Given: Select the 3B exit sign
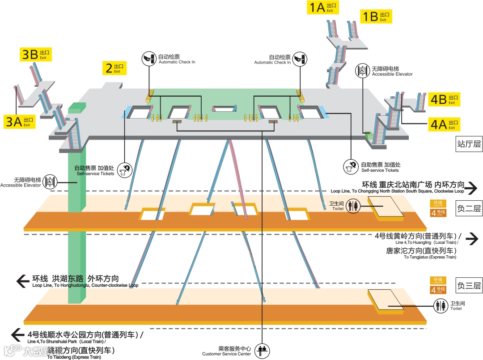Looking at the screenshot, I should click(36, 55).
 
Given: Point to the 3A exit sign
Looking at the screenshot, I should click(20, 122).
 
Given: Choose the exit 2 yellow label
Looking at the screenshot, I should click(114, 68).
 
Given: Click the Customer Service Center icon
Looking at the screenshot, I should click(262, 350).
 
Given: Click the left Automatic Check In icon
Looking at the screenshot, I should click(149, 59).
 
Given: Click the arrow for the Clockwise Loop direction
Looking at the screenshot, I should click(471, 188).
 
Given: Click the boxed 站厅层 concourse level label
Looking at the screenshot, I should click(469, 144).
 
